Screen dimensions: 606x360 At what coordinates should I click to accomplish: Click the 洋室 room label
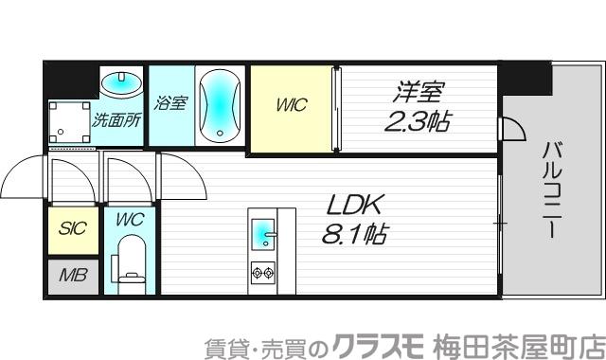pos(419,93)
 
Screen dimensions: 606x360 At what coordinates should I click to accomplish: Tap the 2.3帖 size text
pos(418,121)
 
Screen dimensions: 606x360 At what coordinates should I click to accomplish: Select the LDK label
pos(355,206)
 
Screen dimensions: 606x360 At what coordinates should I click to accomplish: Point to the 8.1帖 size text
pos(355,234)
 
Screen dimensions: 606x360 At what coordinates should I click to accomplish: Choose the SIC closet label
pos(72,228)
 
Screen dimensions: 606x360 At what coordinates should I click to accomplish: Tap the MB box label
pos(72,276)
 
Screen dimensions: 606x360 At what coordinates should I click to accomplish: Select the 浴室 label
pos(171,101)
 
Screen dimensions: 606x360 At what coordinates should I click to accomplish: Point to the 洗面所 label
pos(116,120)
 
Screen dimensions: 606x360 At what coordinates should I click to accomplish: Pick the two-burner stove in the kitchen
pos(262,274)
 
